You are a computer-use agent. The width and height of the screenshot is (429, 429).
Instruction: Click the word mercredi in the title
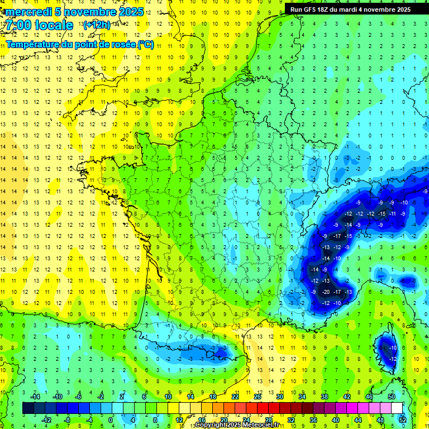(28, 12)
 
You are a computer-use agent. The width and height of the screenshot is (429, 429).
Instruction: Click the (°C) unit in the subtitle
(145, 44)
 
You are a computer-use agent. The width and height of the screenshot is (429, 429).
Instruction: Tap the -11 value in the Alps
(393, 213)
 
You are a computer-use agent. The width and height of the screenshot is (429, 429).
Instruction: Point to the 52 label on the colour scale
(403, 420)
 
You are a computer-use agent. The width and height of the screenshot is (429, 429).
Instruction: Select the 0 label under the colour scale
(111, 420)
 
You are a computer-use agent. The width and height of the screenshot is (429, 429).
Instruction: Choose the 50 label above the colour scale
(392, 397)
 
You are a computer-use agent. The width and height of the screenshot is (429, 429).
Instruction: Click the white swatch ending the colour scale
(397, 408)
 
